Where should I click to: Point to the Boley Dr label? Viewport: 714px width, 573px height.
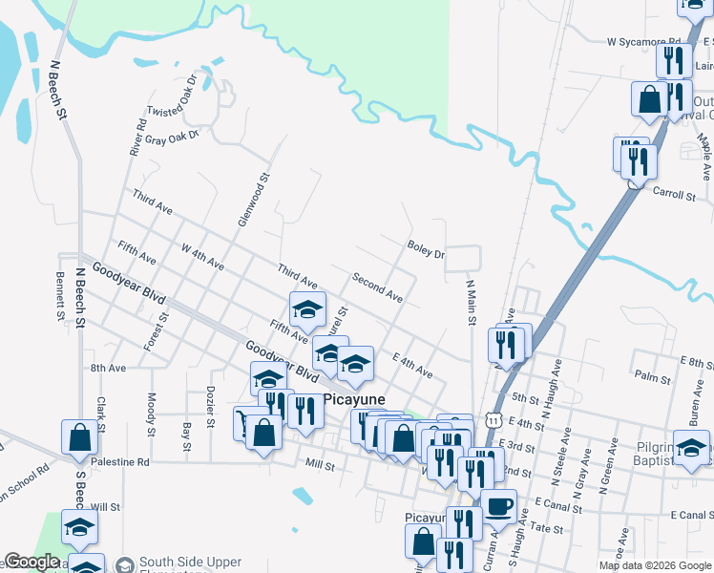(426, 250)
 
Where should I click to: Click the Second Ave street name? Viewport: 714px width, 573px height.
(378, 286)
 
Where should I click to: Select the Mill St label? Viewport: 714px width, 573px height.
(320, 467)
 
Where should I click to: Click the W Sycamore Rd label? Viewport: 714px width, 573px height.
(644, 42)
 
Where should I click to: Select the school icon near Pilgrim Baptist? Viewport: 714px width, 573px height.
(692, 446)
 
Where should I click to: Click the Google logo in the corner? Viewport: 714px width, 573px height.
(32, 562)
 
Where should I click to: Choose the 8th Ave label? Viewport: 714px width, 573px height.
(108, 368)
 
